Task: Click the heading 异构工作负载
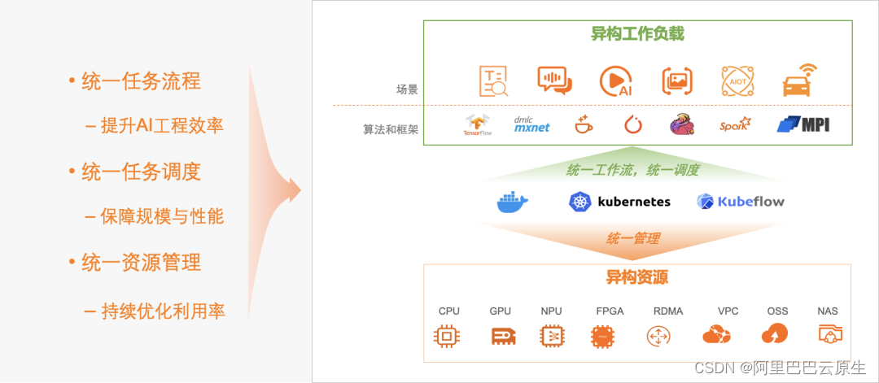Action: (637, 34)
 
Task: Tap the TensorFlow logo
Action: (478, 124)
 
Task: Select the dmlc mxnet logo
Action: (531, 124)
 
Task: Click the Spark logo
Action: (735, 124)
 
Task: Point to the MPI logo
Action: (803, 124)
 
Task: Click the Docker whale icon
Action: (513, 201)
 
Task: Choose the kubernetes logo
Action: (620, 201)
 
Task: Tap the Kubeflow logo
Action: (741, 201)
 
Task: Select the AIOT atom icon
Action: (737, 81)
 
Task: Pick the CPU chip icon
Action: (448, 335)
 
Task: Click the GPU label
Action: (501, 311)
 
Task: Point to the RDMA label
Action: (668, 311)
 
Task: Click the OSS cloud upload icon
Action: (774, 334)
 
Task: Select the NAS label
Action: (828, 311)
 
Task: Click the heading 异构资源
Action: (637, 277)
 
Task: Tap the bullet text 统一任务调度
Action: (141, 172)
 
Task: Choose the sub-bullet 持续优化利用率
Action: (163, 311)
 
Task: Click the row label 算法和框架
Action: (391, 128)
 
